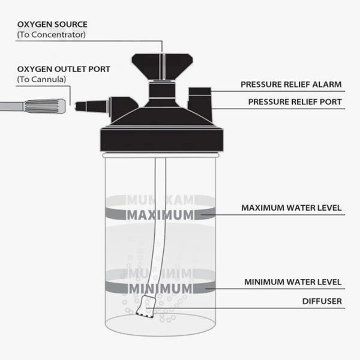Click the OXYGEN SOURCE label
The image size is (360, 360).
coord(52,25)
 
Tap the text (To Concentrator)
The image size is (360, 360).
coord(51,35)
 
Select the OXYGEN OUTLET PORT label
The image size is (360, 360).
coord(64,68)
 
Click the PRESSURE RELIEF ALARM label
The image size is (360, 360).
coord(291,85)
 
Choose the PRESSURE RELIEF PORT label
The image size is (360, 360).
coord(295,102)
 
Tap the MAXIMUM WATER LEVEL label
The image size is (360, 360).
coord(291,208)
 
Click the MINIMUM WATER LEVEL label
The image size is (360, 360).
coord(292,281)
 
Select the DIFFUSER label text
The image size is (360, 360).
coord(323,301)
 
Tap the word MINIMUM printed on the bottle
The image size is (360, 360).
coord(159,288)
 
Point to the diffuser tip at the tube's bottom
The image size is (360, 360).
coord(145,311)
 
